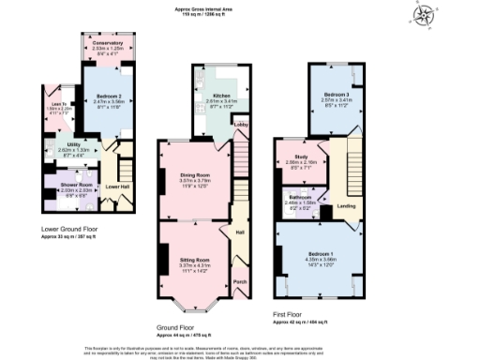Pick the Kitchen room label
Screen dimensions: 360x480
pyautogui.click(x=220, y=96)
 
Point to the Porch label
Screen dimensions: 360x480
pyautogui.click(x=239, y=280)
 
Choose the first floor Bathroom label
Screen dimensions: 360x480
pyautogui.click(x=300, y=197)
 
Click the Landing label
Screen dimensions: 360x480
pyautogui.click(x=346, y=206)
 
